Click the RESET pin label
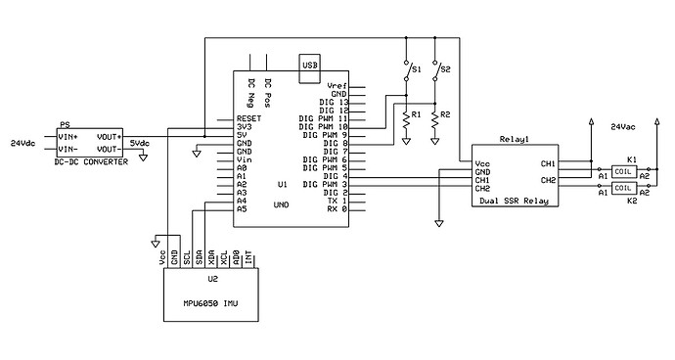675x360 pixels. tap(248, 117)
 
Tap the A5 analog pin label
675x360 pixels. tap(241, 208)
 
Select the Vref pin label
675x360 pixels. tap(337, 86)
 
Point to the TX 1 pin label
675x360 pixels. tap(336, 201)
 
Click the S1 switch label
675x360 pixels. tap(416, 70)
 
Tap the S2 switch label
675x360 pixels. tap(446, 70)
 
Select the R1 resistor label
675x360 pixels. tap(416, 115)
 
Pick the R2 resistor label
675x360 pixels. tap(446, 115)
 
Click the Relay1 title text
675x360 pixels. tap(514, 141)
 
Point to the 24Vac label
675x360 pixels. tap(624, 127)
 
